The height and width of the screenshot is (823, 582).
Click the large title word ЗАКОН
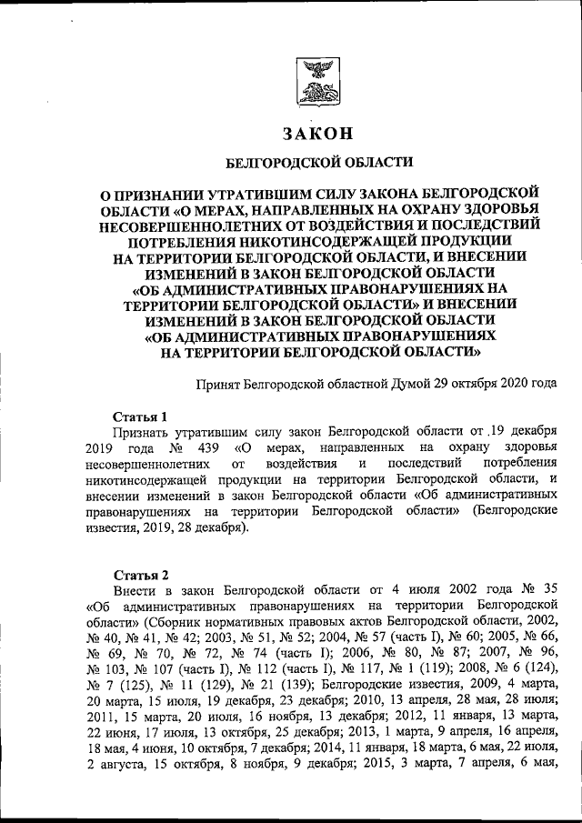[x=318, y=134]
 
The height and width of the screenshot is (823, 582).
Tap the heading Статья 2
[x=139, y=575]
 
